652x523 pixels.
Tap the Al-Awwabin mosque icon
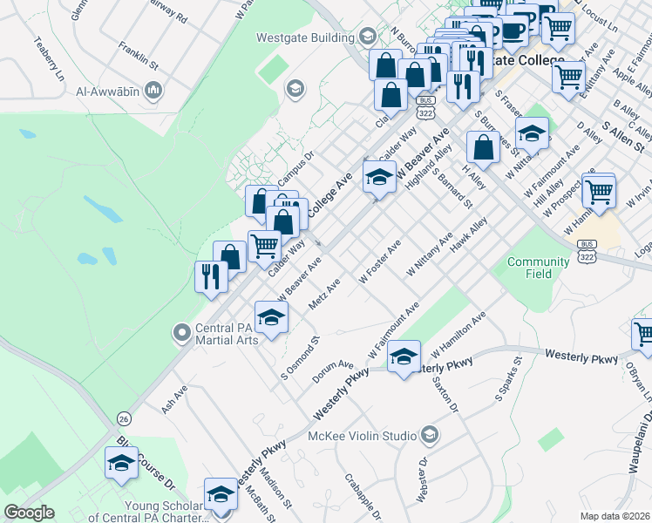(154, 90)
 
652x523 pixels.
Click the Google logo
(29, 513)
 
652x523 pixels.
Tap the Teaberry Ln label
(49, 58)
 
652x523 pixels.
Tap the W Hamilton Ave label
(457, 336)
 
